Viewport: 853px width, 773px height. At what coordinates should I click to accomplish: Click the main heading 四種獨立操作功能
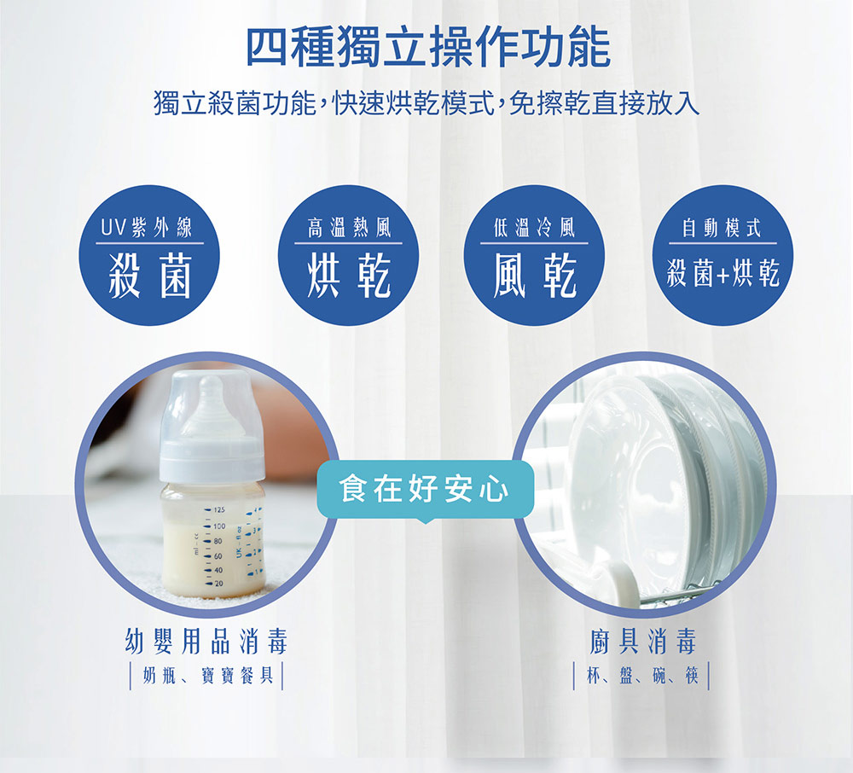(428, 47)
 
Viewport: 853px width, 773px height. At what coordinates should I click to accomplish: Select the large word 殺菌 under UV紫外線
(150, 276)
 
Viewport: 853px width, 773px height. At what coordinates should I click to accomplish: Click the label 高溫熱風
(349, 228)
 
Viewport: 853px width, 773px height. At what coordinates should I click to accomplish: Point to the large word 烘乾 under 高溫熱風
(349, 276)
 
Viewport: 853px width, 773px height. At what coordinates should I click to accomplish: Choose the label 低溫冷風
(534, 228)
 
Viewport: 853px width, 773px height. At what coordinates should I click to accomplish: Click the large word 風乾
(534, 276)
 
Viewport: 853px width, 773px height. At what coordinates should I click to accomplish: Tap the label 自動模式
(722, 228)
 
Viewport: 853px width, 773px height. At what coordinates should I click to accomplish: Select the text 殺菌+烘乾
(723, 273)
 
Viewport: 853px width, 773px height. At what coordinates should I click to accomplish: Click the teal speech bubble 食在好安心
(425, 490)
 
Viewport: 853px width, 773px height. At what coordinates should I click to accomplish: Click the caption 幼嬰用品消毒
(206, 641)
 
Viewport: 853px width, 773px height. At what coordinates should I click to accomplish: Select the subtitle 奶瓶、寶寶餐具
(206, 676)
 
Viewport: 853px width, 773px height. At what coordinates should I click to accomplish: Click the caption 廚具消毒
(642, 641)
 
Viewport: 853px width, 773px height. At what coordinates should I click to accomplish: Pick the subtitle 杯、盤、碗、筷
(642, 676)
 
